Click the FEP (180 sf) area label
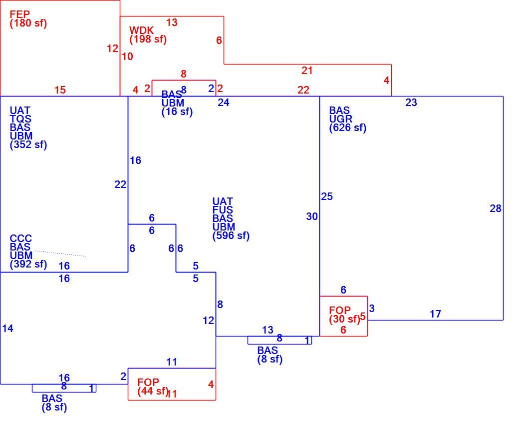coord(28,19)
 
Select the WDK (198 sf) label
coord(148,34)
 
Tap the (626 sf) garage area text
coord(348,128)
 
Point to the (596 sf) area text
coord(231,236)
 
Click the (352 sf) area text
coord(28,144)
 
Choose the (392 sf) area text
coord(28,264)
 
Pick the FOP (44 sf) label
coord(153,387)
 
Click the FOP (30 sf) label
coord(344,314)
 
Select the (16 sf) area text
coord(177,112)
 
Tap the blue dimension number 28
coord(496,209)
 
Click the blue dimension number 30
coord(312,216)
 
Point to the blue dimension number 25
coord(327,196)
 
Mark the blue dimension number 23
coord(411,102)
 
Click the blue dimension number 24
coord(224,102)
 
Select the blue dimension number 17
coord(435,314)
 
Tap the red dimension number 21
coord(307,70)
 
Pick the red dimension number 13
coord(172,22)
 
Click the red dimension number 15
coord(60,90)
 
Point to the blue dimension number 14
coord(8,328)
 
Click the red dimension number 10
coord(127,56)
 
